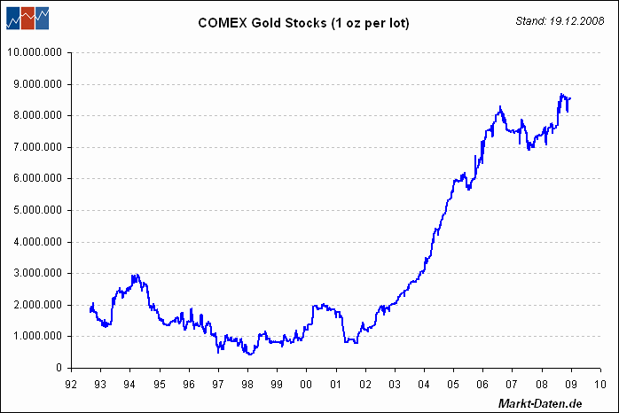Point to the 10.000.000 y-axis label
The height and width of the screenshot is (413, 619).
(x=35, y=52)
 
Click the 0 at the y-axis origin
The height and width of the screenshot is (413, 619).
(x=59, y=368)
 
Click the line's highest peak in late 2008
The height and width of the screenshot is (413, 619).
(x=561, y=94)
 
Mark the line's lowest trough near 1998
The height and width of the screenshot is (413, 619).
(x=249, y=355)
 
